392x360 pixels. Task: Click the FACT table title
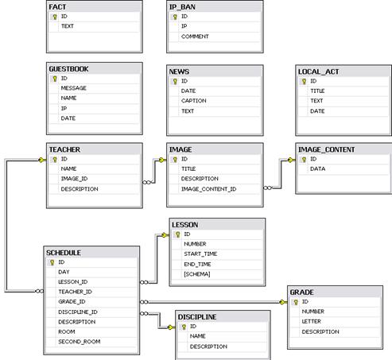[57, 7]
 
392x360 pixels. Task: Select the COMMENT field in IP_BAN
[195, 37]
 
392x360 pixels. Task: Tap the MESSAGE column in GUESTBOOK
[74, 88]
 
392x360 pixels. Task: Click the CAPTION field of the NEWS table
[194, 101]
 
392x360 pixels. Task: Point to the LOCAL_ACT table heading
[318, 72]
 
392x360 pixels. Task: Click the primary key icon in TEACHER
[55, 160]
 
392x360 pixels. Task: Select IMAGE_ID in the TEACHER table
[74, 179]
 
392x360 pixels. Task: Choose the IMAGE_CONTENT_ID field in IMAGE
[208, 189]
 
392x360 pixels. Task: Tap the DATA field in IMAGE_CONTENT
[317, 168]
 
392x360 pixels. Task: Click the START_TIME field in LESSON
[200, 254]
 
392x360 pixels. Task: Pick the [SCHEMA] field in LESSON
[197, 274]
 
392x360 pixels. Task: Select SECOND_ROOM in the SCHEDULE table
[80, 342]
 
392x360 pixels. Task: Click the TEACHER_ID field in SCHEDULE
[75, 292]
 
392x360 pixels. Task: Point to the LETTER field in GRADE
[312, 321]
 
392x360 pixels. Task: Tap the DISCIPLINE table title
[197, 317]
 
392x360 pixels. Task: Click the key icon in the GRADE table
[296, 302]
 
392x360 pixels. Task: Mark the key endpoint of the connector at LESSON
[165, 235]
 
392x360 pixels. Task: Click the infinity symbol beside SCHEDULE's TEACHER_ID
[40, 292]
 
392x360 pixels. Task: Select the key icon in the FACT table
[55, 17]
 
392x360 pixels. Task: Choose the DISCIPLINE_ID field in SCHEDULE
[78, 312]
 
